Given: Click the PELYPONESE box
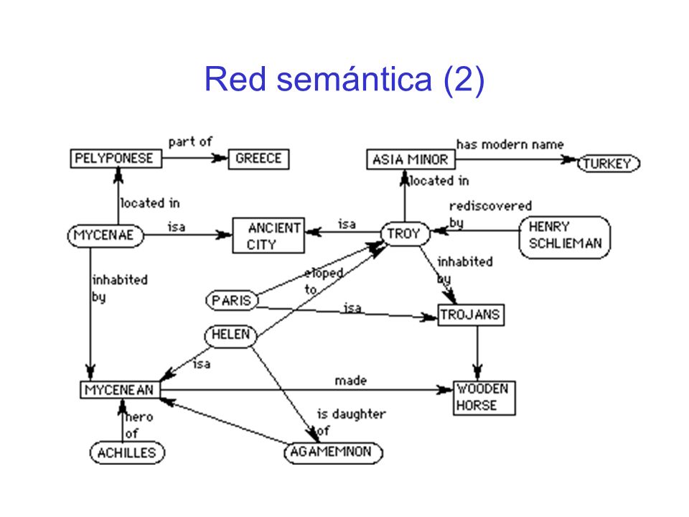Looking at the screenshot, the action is [x=116, y=159].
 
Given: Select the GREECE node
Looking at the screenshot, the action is [x=258, y=159].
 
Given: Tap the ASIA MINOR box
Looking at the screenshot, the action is [x=411, y=159].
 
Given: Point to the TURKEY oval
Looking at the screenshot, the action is [x=608, y=164].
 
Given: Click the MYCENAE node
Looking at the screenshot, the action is [x=106, y=236].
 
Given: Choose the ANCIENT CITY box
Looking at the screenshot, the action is [x=268, y=236].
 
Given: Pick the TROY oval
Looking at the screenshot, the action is [x=405, y=234].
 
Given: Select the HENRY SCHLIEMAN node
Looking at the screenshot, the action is [x=565, y=238].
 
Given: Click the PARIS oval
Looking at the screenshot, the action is [x=232, y=301].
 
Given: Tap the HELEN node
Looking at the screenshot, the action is [x=230, y=336].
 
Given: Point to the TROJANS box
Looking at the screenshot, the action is [x=471, y=315].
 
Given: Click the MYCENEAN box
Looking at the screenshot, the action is [x=120, y=390].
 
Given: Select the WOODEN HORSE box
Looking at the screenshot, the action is [x=484, y=398].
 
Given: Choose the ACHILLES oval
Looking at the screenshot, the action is [x=127, y=453].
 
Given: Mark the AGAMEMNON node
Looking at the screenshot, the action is [x=333, y=453].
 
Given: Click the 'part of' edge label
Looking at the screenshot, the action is [x=190, y=142].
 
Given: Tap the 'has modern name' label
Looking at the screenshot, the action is [x=510, y=144].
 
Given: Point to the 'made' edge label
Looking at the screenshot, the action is [x=351, y=381].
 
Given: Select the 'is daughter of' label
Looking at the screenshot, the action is [x=351, y=422].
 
